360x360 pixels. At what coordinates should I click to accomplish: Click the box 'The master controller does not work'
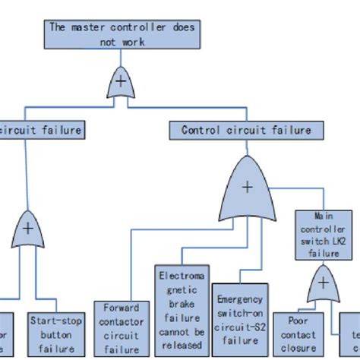point(122,34)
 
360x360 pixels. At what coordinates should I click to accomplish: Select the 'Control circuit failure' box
point(246,130)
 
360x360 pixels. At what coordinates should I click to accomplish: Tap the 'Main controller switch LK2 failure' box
point(324,235)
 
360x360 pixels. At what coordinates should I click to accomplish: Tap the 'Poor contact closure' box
point(297,336)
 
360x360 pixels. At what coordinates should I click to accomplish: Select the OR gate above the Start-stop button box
point(28,232)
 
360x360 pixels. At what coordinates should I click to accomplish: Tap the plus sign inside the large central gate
point(246,188)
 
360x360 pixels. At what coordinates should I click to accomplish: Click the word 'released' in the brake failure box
point(182,346)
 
